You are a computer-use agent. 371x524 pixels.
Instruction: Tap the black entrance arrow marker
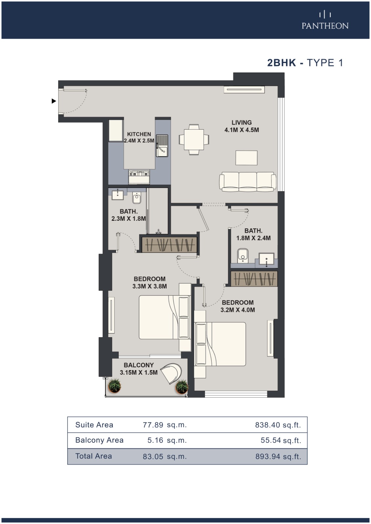click(x=54, y=101)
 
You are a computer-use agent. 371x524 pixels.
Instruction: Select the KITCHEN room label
click(x=139, y=134)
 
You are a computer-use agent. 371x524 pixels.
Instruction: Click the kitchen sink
click(x=162, y=146)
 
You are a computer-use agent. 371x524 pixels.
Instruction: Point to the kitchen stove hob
click(x=139, y=174)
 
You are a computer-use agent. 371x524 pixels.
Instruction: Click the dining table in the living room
click(x=194, y=140)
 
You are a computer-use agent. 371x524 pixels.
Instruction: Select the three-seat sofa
click(x=247, y=182)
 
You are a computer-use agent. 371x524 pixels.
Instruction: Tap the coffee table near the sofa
click(x=247, y=158)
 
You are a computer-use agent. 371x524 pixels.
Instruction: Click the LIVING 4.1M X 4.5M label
click(x=242, y=126)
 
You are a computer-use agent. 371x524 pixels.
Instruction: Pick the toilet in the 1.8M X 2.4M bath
click(x=242, y=256)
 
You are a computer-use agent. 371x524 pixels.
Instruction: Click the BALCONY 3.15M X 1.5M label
click(x=139, y=369)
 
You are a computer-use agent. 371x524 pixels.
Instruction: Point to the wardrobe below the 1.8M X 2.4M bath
click(x=254, y=279)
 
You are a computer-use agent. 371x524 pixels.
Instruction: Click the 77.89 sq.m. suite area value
click(x=165, y=424)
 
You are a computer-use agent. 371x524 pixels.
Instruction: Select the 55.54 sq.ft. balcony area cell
click(x=281, y=440)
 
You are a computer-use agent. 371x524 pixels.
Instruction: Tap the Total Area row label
click(x=93, y=456)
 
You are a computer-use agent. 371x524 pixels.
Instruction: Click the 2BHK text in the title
click(x=282, y=63)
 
